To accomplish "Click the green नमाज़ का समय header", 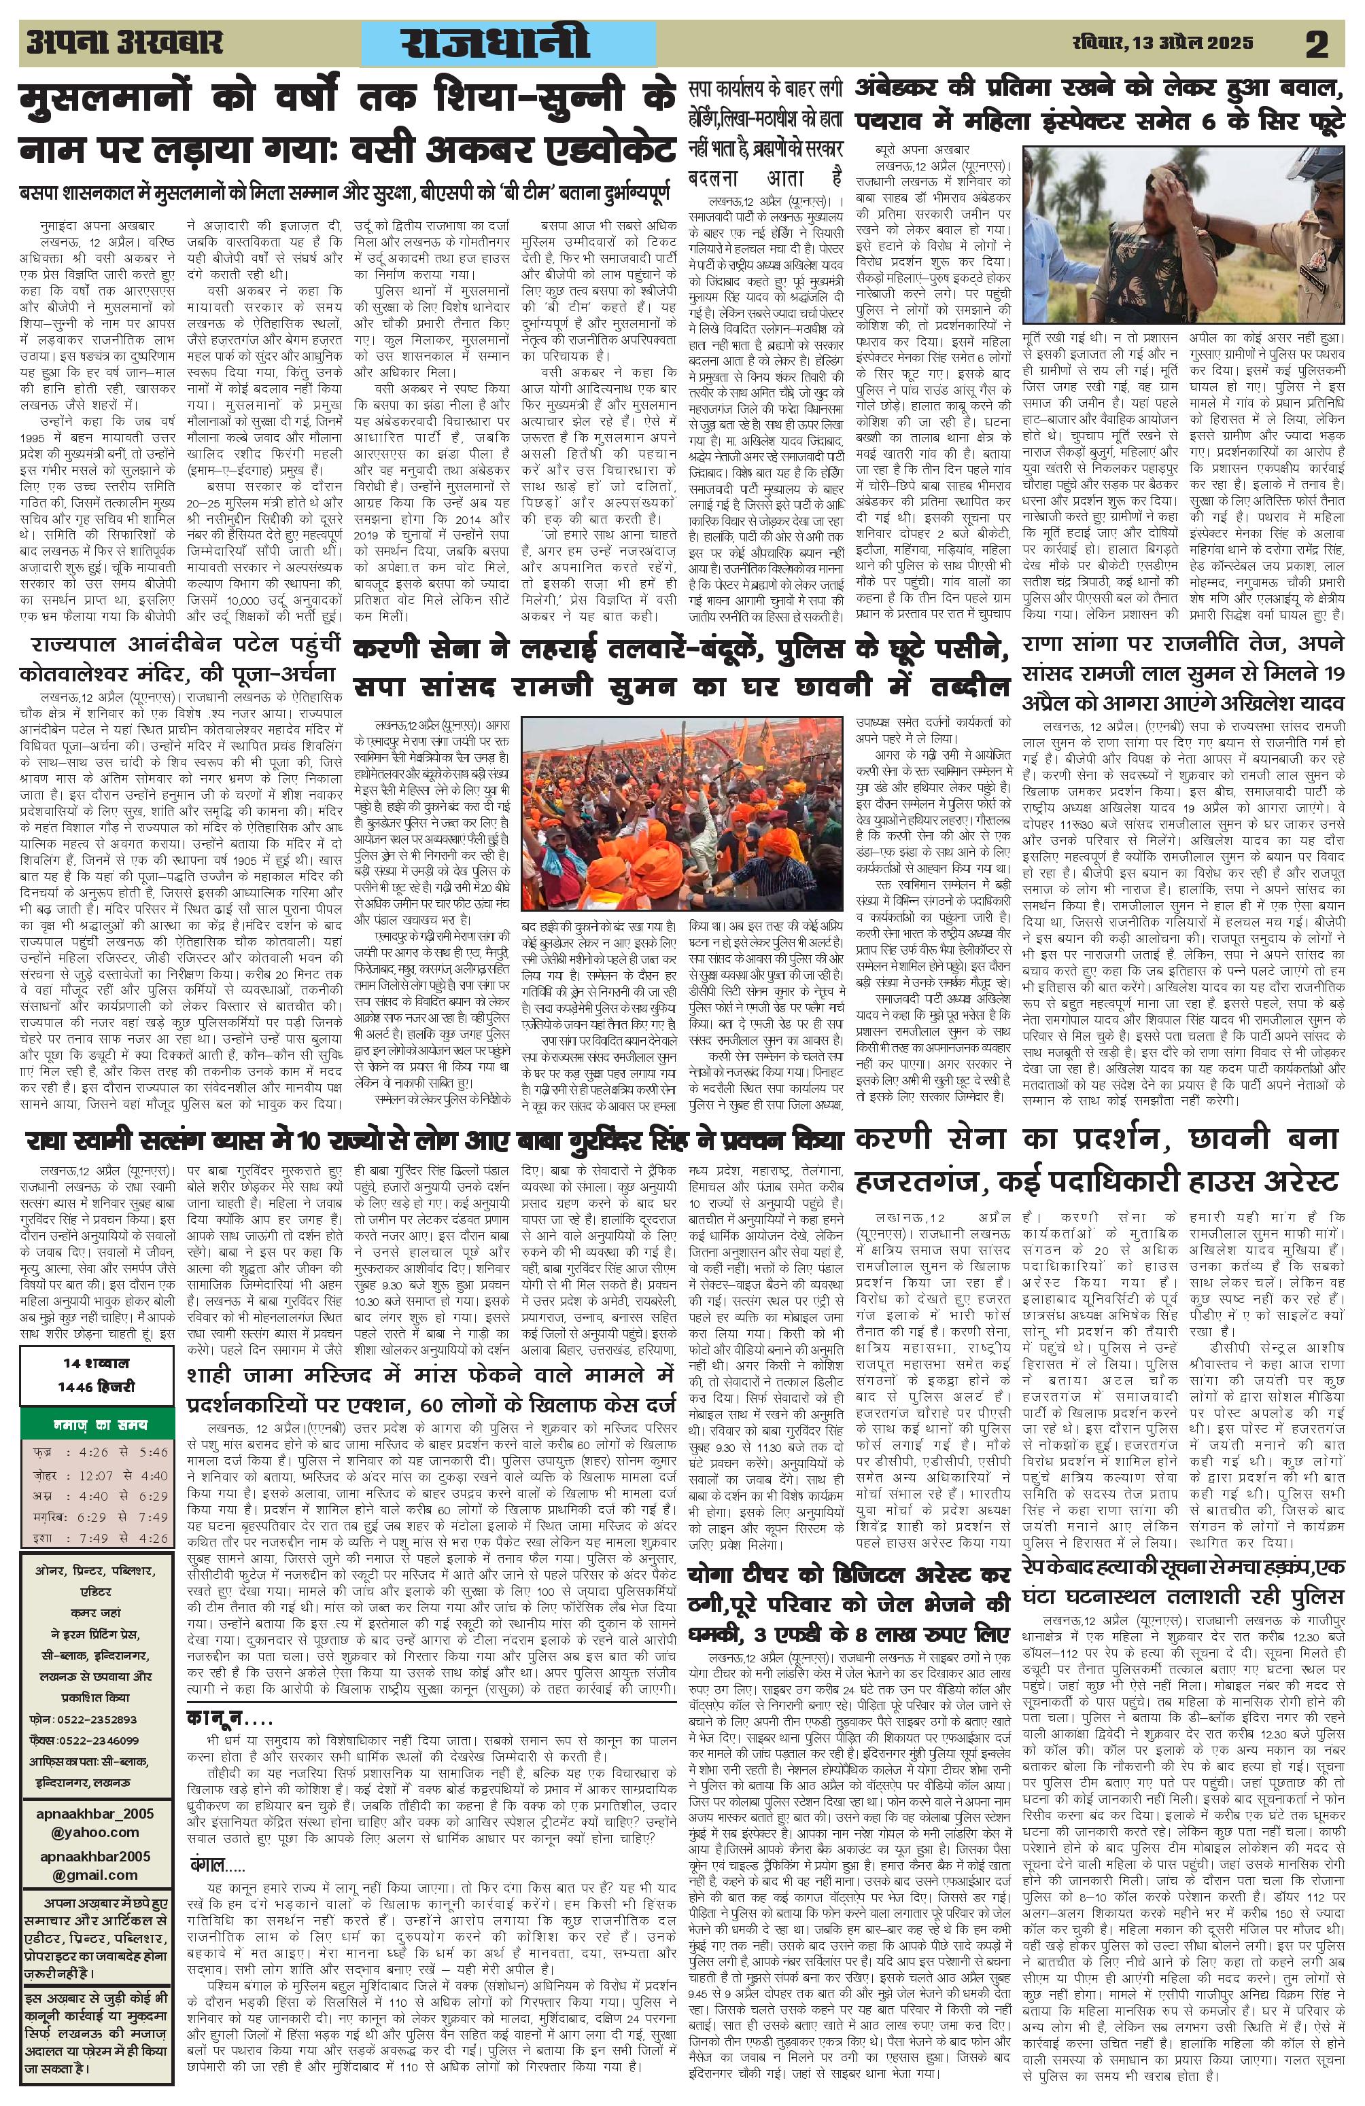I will (x=88, y=1427).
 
